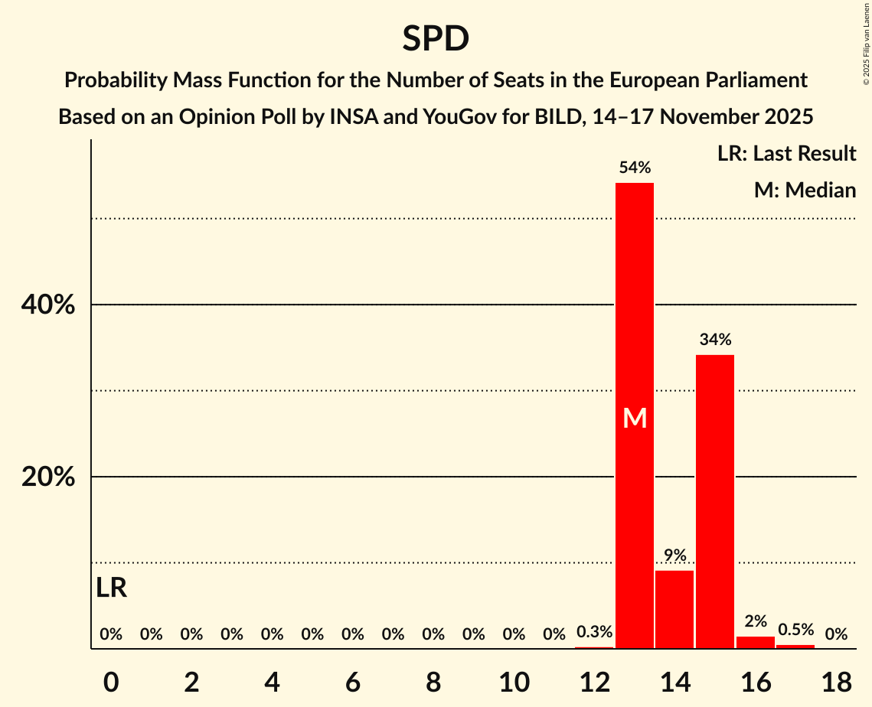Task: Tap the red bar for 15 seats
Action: [x=715, y=501]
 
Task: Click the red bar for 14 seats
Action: [x=674, y=609]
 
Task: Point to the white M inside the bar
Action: [x=635, y=418]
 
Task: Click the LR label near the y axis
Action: [x=112, y=588]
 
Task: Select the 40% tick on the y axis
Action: [x=48, y=305]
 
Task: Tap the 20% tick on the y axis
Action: [x=48, y=477]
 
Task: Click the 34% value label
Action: [x=715, y=339]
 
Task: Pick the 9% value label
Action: [x=674, y=555]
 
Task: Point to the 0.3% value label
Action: [x=594, y=632]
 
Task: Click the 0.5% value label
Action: [x=796, y=630]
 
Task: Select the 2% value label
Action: [x=756, y=621]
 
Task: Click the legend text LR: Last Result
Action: [x=786, y=154]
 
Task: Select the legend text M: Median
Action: [x=805, y=190]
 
